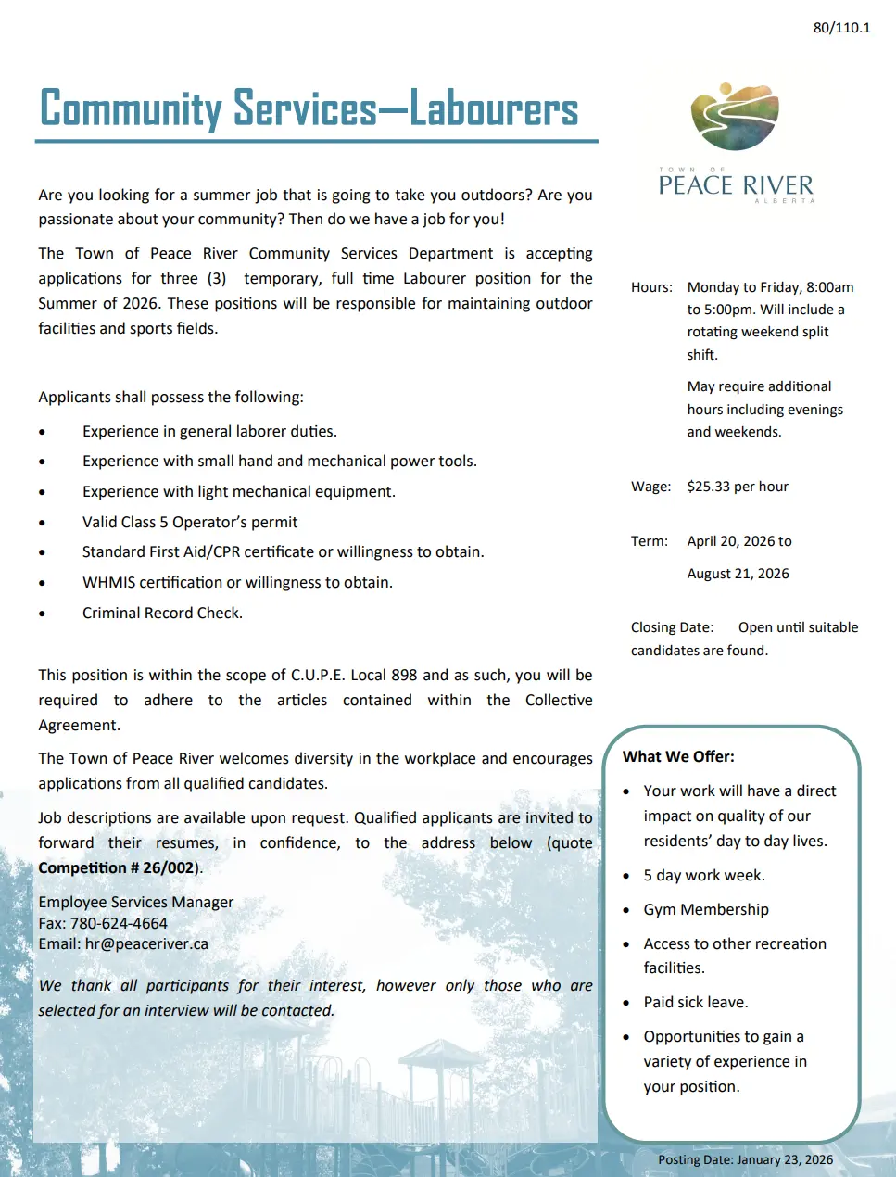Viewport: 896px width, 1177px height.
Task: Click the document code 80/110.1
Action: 841,28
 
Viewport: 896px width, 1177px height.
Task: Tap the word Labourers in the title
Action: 494,108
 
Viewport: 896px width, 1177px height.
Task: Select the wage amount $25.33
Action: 709,487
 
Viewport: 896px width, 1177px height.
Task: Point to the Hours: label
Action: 651,287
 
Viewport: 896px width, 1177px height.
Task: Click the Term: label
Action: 649,541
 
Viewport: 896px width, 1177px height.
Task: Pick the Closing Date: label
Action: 672,627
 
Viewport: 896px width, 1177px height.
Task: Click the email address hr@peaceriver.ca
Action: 146,943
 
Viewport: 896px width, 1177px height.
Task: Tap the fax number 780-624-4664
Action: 119,923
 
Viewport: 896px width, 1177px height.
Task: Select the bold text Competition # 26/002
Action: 117,867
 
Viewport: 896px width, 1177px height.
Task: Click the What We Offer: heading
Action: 678,756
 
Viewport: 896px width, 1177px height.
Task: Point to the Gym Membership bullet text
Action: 706,909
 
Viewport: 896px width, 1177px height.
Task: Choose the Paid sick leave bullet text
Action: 696,1002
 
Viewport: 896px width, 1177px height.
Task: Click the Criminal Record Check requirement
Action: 162,613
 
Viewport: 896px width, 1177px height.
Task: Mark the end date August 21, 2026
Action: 738,574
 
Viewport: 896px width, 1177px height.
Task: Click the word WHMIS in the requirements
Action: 108,582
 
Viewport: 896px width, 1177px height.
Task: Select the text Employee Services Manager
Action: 135,902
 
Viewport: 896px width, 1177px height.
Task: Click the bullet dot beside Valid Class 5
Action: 42,524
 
